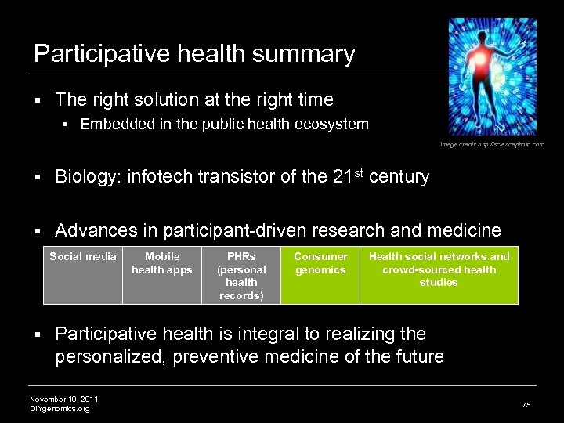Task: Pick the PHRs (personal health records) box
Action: pos(241,275)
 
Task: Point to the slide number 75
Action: pos(526,404)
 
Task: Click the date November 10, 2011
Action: pos(63,399)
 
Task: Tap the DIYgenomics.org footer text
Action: pos(60,408)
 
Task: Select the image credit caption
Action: pos(492,145)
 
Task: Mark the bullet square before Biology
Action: pos(37,178)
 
